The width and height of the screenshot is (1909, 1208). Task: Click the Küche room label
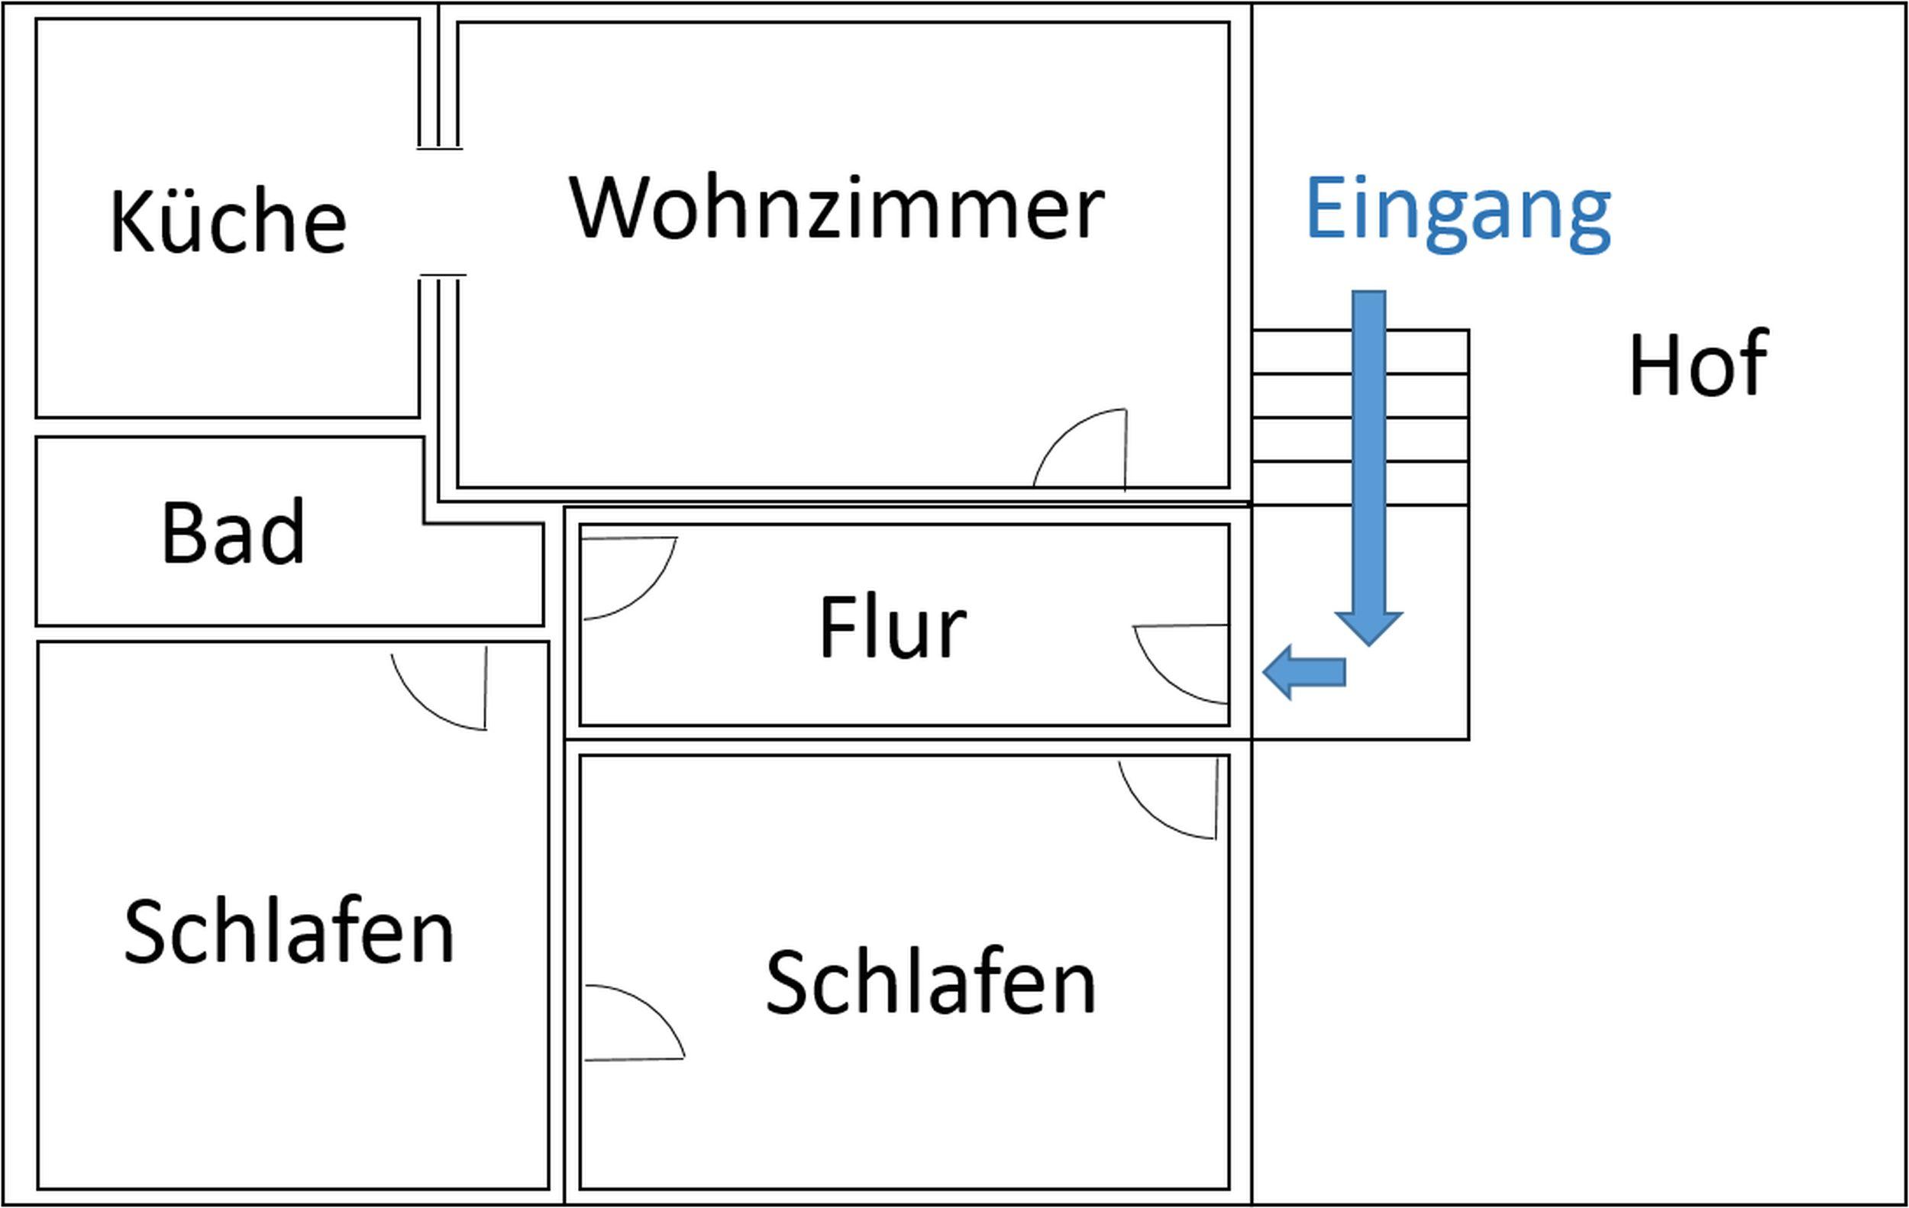pyautogui.click(x=228, y=221)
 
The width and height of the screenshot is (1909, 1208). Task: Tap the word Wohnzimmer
pyautogui.click(x=836, y=207)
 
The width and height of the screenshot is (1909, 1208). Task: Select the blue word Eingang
pyautogui.click(x=1458, y=212)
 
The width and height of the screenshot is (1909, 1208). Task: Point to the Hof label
pyautogui.click(x=1698, y=363)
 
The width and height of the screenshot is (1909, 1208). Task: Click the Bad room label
pyautogui.click(x=233, y=532)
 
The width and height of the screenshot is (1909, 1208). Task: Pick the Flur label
pyautogui.click(x=893, y=627)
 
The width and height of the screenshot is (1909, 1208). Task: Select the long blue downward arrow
pyautogui.click(x=1369, y=467)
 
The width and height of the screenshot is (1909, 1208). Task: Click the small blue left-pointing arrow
pyautogui.click(x=1304, y=672)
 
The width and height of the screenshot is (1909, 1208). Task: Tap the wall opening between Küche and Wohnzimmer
pyautogui.click(x=438, y=212)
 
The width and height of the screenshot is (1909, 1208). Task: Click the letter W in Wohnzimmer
pyautogui.click(x=609, y=207)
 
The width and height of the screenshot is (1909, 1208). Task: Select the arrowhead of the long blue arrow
pyautogui.click(x=1369, y=628)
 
